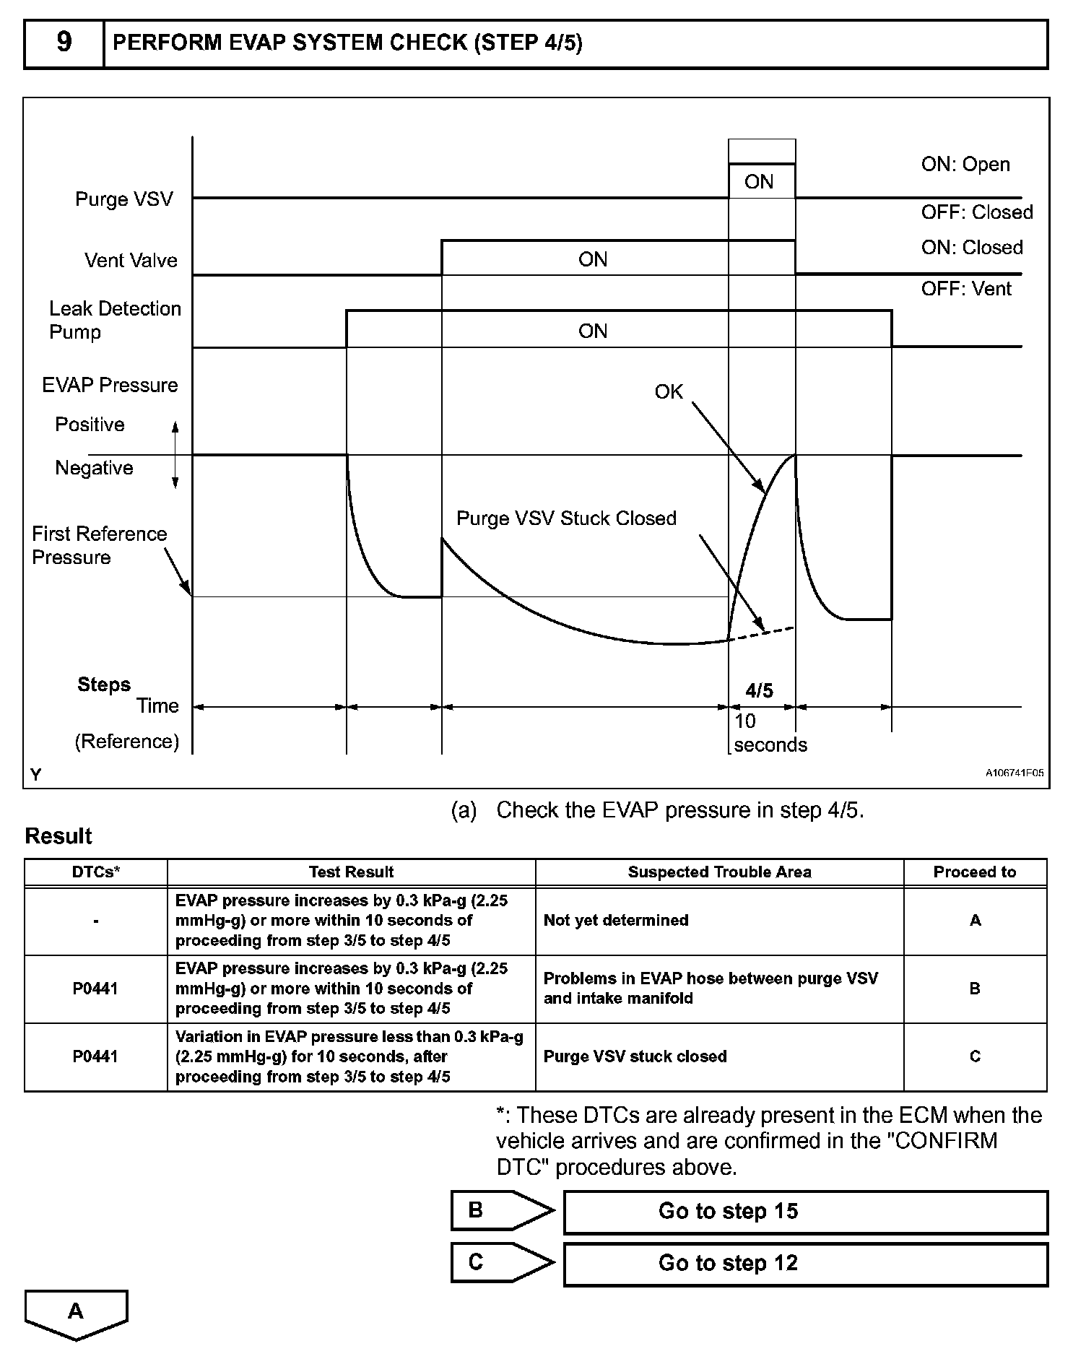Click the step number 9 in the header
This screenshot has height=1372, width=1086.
tap(64, 43)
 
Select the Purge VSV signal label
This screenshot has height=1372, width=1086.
tap(124, 199)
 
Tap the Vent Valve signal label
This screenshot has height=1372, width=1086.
tap(131, 260)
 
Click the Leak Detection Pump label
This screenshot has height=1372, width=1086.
tap(115, 320)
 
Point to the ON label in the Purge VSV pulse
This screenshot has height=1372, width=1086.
tap(759, 182)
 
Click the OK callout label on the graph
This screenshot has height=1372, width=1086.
tap(669, 391)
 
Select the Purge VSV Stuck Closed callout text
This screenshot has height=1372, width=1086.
tap(566, 518)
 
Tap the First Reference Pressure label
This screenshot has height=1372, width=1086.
tap(99, 545)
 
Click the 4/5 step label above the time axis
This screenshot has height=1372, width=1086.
tap(759, 691)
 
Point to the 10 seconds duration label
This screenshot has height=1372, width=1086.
tap(770, 733)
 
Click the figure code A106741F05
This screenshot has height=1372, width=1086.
tap(1015, 773)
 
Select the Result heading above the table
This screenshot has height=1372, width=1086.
tap(58, 836)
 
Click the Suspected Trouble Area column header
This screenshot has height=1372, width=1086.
tap(719, 872)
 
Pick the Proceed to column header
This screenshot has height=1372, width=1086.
tap(975, 872)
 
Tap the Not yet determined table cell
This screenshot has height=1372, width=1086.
tap(616, 921)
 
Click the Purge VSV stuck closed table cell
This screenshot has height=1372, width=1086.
tap(635, 1056)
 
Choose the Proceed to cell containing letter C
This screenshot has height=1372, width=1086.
tap(975, 1056)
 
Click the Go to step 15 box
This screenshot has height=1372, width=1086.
tap(805, 1211)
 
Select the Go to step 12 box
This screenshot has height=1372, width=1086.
tap(805, 1263)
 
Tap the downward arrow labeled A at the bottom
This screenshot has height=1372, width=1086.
tap(76, 1313)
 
